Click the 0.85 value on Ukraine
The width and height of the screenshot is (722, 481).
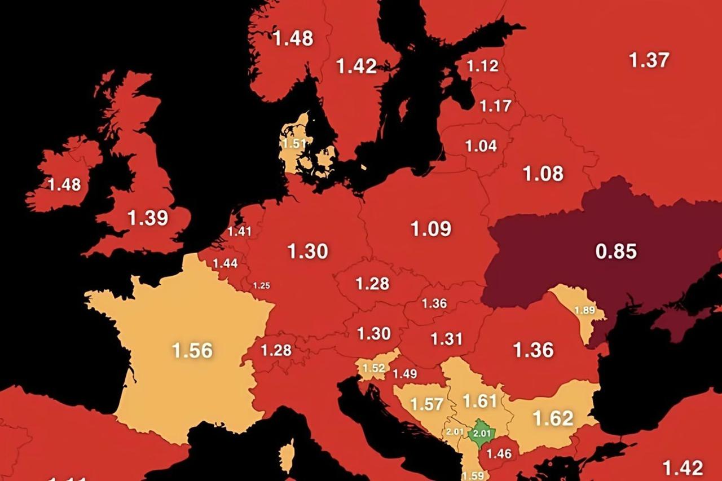(x=616, y=251)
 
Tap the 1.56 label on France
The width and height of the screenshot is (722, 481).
(x=192, y=350)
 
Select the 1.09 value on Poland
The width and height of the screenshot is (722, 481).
(x=430, y=228)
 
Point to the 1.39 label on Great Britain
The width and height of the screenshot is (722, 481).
(x=148, y=218)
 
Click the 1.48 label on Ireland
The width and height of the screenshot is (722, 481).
(x=64, y=184)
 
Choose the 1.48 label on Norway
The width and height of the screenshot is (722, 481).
(x=293, y=38)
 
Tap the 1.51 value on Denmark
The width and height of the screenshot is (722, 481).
(x=294, y=143)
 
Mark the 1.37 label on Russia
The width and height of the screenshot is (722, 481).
(x=649, y=60)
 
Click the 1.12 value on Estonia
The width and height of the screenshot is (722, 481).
(x=482, y=66)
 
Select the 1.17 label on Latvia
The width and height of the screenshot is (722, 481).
(x=495, y=105)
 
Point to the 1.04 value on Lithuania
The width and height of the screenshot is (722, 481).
(x=481, y=145)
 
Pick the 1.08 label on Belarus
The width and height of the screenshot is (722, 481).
(x=543, y=174)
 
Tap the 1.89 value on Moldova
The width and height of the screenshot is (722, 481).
(x=584, y=310)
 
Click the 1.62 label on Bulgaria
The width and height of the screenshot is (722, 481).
(x=553, y=418)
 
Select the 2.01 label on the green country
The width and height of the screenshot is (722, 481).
(x=483, y=433)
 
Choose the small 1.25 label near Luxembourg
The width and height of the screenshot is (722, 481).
(x=261, y=285)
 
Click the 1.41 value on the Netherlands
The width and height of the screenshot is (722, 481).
(x=239, y=231)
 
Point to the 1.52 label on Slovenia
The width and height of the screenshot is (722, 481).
(x=373, y=368)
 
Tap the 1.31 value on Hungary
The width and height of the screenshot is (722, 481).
(x=446, y=338)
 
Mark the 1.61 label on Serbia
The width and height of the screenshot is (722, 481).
(x=479, y=401)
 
